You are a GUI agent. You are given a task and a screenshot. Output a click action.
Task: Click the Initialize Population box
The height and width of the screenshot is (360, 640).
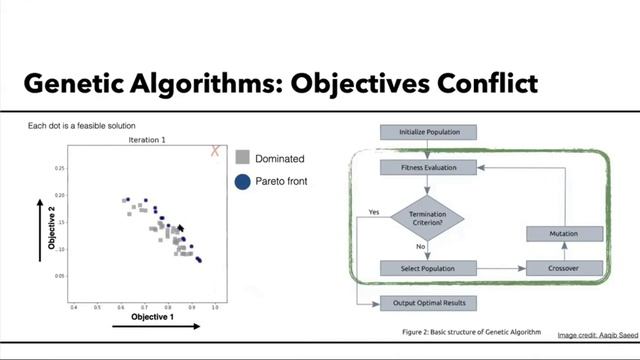pyautogui.click(x=429, y=132)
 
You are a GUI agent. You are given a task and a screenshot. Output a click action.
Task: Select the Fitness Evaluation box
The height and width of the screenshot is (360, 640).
pyautogui.click(x=429, y=169)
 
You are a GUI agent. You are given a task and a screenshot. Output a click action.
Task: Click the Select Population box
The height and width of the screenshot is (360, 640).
pyautogui.click(x=429, y=268)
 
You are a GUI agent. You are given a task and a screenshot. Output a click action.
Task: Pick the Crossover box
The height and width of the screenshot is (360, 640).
pyautogui.click(x=564, y=268)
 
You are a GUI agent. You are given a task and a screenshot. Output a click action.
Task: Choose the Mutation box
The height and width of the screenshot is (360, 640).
pyautogui.click(x=564, y=233)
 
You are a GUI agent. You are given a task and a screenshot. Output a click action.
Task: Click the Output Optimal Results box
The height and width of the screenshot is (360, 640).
pyautogui.click(x=429, y=302)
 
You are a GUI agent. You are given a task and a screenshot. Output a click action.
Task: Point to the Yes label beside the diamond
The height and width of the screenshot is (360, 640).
pyautogui.click(x=374, y=212)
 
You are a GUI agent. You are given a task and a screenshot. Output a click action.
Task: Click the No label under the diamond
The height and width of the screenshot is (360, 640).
pyautogui.click(x=421, y=246)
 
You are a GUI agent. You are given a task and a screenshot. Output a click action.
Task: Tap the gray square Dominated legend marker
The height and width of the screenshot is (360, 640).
pyautogui.click(x=242, y=158)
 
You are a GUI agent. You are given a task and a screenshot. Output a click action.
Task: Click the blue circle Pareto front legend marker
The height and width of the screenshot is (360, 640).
pyautogui.click(x=242, y=182)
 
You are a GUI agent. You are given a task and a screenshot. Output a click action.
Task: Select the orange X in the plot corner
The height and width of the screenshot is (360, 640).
pyautogui.click(x=214, y=151)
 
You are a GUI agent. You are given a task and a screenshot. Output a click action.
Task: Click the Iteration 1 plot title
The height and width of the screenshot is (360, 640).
pyautogui.click(x=147, y=141)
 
